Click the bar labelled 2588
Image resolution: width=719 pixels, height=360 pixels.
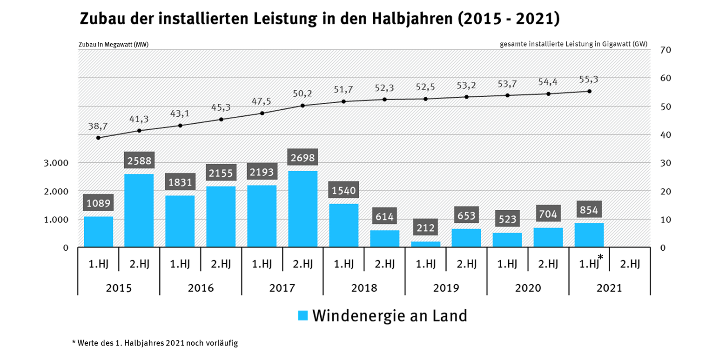coord(139,210)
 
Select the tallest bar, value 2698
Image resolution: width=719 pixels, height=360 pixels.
coord(302,208)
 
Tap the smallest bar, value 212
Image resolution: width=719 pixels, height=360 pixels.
coord(425,244)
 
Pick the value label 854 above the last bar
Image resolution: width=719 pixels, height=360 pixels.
coord(589,210)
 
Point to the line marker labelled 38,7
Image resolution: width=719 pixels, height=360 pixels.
coord(98,138)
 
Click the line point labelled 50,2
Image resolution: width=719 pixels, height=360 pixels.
coord(302,106)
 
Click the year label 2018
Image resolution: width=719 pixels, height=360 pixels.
coord(364,288)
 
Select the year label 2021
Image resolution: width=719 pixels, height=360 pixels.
coord(609,288)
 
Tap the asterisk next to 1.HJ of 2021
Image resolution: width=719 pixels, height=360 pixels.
coord(601,258)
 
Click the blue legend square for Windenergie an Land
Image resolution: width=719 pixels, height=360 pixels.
coord(303,316)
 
